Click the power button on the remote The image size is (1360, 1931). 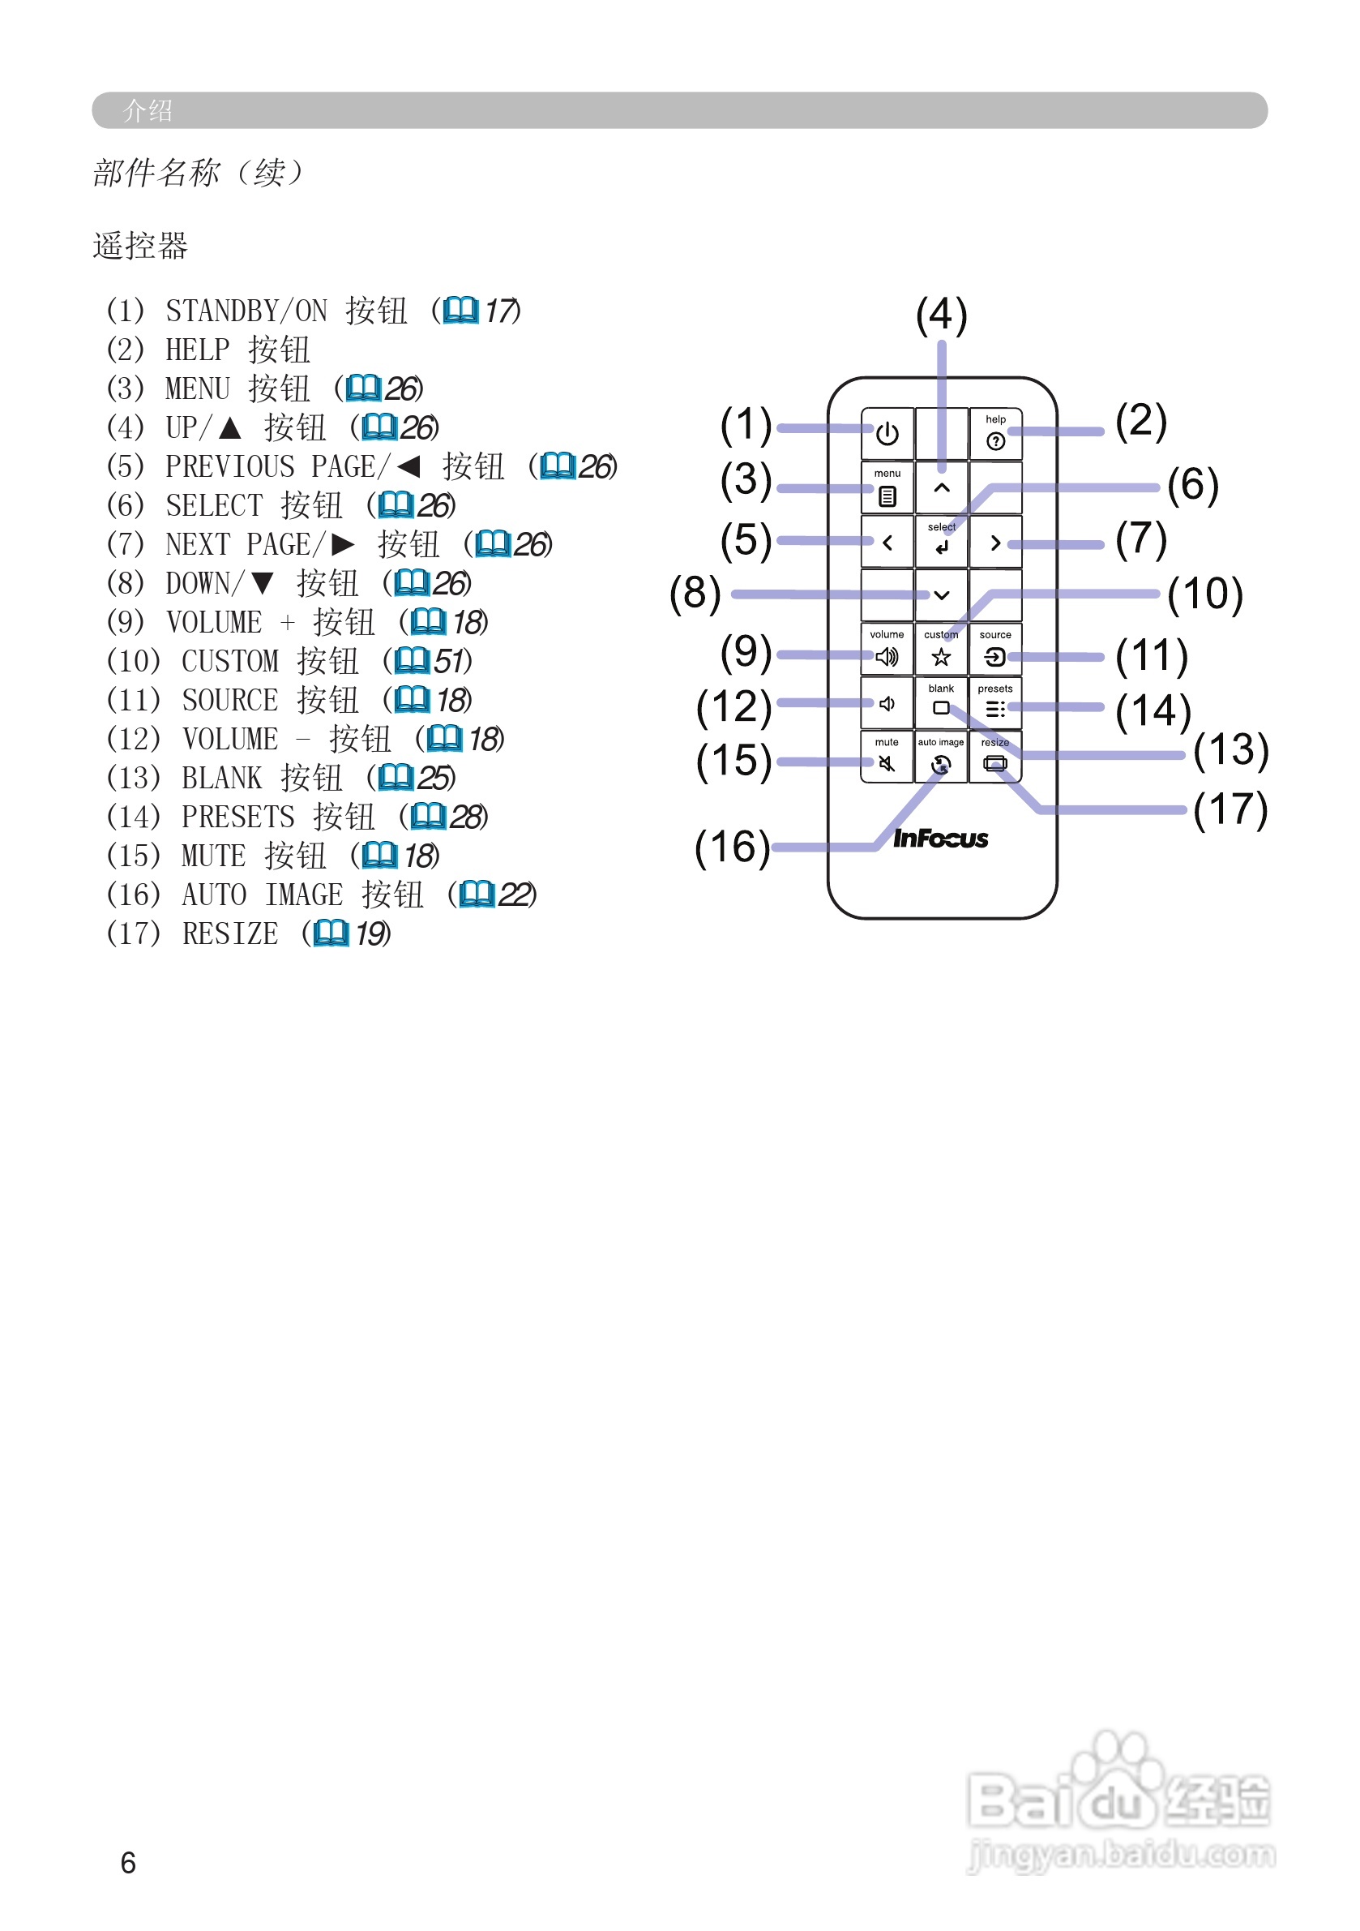[x=887, y=434]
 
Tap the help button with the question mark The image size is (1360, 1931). [x=995, y=435]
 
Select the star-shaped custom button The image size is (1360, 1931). [x=940, y=650]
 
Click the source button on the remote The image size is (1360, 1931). [x=994, y=650]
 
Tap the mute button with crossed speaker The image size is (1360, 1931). [x=886, y=757]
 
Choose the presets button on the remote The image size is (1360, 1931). [x=994, y=704]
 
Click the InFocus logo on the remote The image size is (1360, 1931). [x=939, y=838]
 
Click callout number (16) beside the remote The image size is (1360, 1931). [x=731, y=847]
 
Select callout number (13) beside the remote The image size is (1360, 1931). [x=1230, y=750]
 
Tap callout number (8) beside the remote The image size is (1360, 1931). [x=695, y=593]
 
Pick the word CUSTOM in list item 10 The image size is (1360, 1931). [x=229, y=661]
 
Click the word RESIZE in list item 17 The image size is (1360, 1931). [x=229, y=933]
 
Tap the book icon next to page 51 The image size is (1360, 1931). [x=411, y=660]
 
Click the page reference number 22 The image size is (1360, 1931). [x=515, y=894]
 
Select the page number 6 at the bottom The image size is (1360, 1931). [x=128, y=1862]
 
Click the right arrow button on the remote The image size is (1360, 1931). [x=995, y=543]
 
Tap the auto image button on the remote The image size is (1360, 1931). [x=940, y=757]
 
